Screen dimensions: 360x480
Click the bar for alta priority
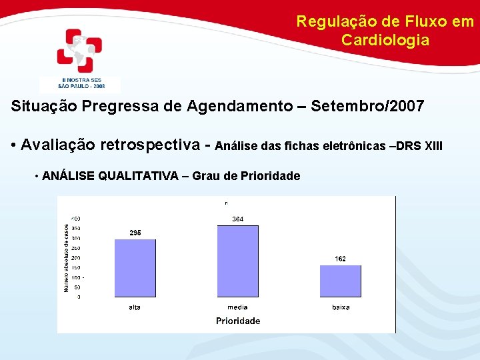(135, 269)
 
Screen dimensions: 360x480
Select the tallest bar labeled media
(238, 261)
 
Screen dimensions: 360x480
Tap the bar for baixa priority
(340, 281)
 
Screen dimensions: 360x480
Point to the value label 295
(135, 233)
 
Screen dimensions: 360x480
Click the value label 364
(238, 219)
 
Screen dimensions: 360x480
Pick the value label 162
(340, 259)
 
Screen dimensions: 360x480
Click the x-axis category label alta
(135, 307)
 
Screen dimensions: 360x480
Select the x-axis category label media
(237, 307)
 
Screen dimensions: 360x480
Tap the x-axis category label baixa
(340, 307)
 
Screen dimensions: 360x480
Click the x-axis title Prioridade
(238, 321)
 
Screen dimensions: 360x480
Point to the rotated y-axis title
(67, 257)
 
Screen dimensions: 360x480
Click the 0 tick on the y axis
(79, 297)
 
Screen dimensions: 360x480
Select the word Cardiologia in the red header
(385, 40)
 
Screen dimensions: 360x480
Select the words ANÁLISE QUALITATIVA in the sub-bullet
(111, 176)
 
